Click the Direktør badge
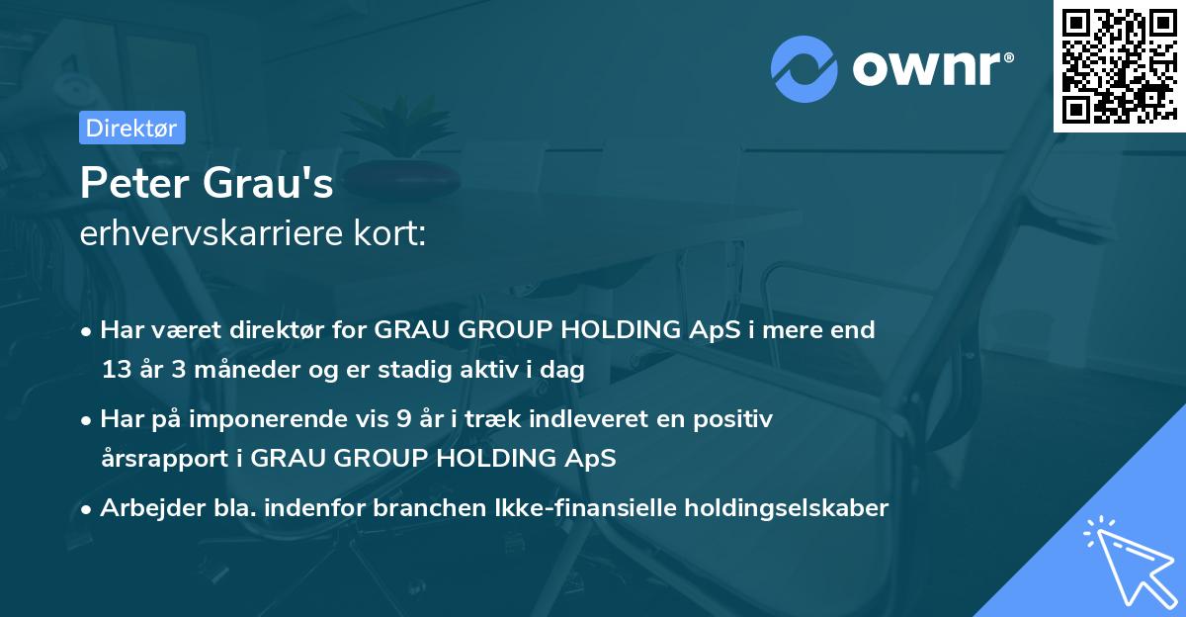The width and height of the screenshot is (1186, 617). [130, 129]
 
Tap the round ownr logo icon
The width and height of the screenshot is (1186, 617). [805, 69]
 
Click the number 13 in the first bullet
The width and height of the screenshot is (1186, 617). [115, 371]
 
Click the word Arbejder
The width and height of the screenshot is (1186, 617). [143, 508]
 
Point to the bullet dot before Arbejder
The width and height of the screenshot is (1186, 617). [88, 508]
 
